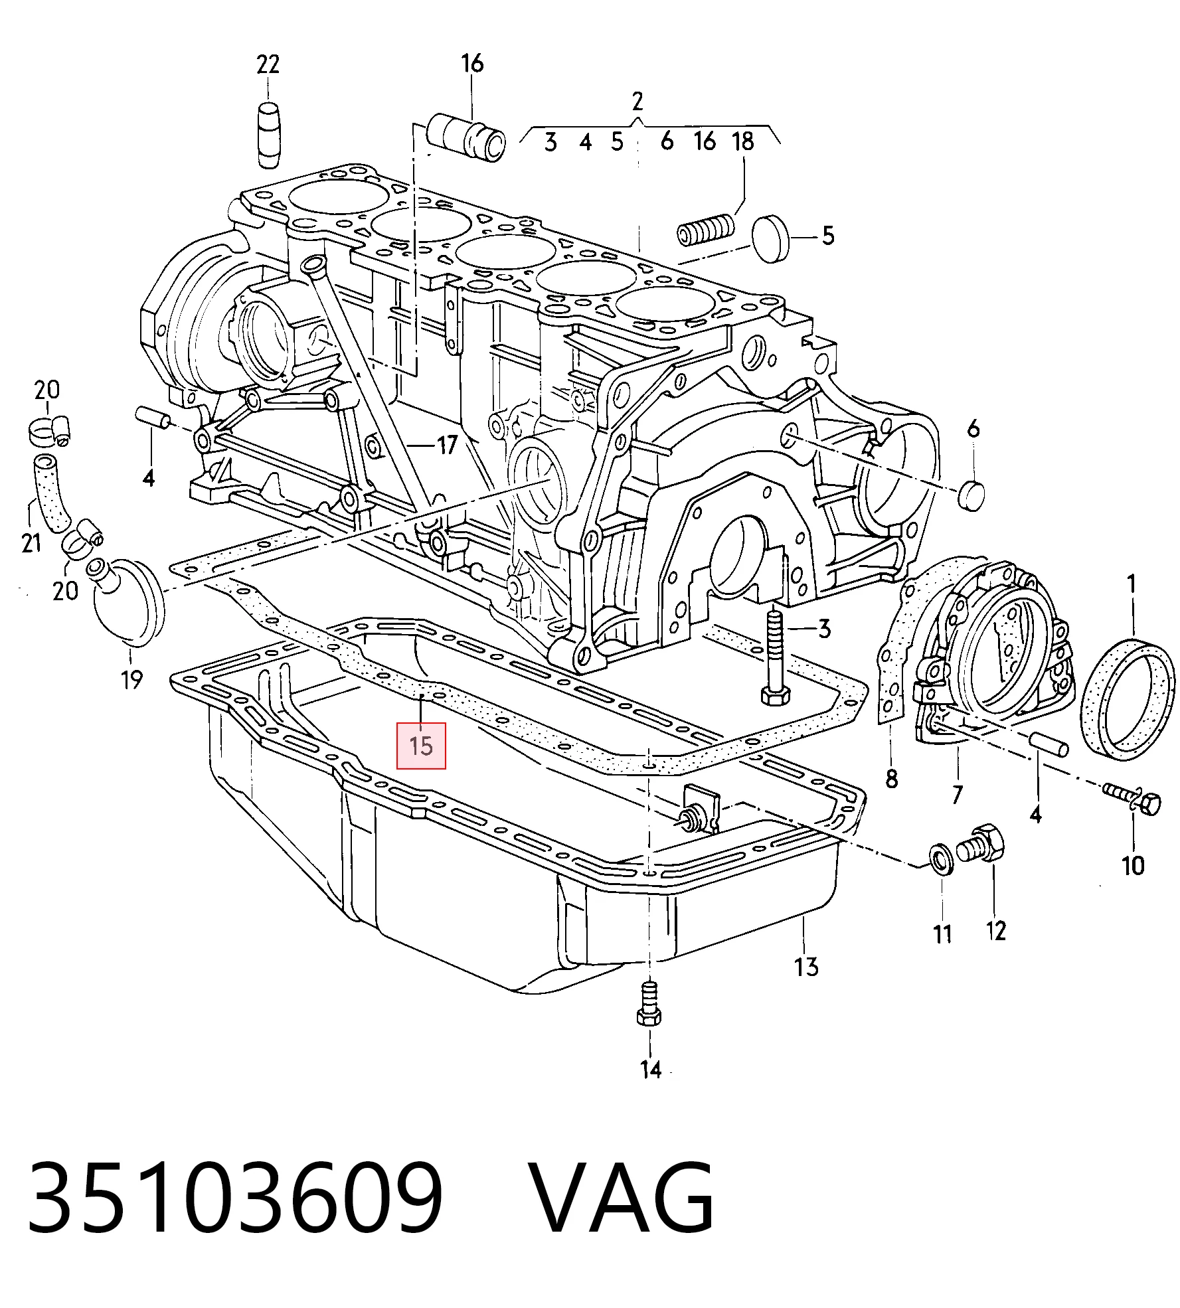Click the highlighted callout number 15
pos(421,746)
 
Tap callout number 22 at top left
pos(268,64)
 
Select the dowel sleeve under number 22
pos(268,135)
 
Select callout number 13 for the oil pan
pos(806,966)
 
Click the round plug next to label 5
pos(770,238)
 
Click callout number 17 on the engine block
pos(447,444)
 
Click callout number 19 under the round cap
pos(131,679)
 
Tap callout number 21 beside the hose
pos(31,543)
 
